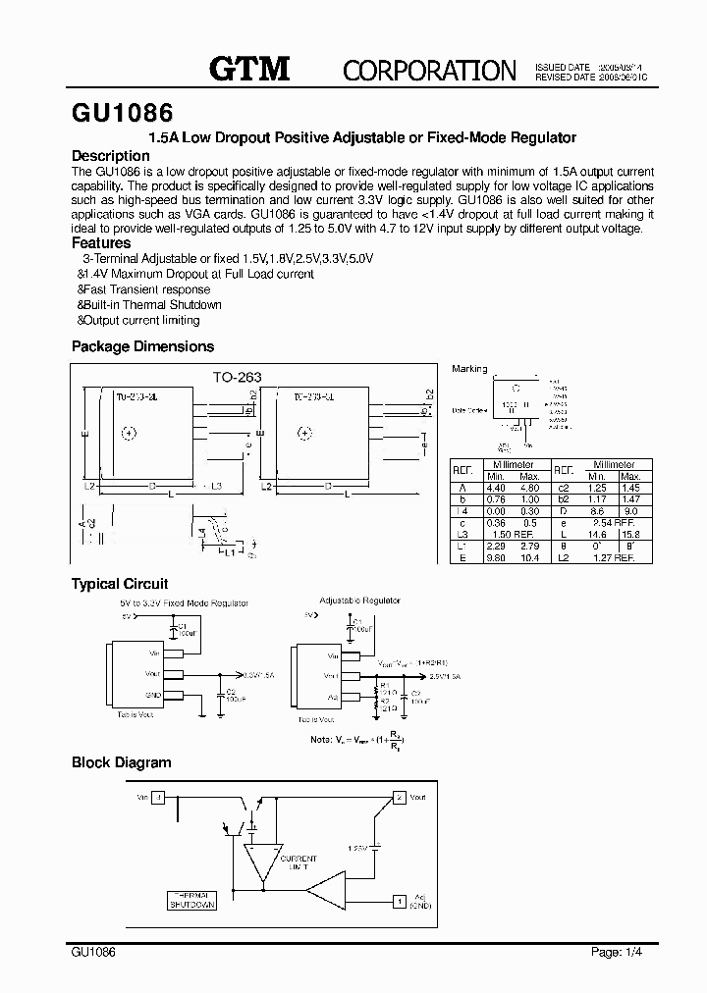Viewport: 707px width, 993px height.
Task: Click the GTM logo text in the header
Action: (x=249, y=68)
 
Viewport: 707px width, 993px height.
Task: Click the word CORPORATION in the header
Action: (x=428, y=70)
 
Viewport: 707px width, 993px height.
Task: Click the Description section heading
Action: (x=111, y=156)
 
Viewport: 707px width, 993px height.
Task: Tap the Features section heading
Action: (x=101, y=242)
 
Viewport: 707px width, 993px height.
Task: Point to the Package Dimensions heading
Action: (x=142, y=346)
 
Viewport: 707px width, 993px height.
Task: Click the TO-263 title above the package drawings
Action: (x=237, y=376)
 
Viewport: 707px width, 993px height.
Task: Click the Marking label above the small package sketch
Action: (x=469, y=369)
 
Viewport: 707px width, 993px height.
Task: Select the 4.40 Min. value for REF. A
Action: (x=496, y=488)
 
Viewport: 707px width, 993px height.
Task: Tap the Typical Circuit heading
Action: (x=120, y=584)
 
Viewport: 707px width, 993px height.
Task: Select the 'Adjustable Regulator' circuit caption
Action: (x=359, y=600)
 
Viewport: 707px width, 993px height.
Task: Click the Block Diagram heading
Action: (x=121, y=762)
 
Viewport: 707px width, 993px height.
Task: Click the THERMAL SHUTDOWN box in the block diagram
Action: (x=190, y=900)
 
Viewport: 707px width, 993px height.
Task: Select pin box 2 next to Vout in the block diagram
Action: (x=400, y=798)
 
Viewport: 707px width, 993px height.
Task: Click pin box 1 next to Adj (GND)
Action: (x=400, y=899)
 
